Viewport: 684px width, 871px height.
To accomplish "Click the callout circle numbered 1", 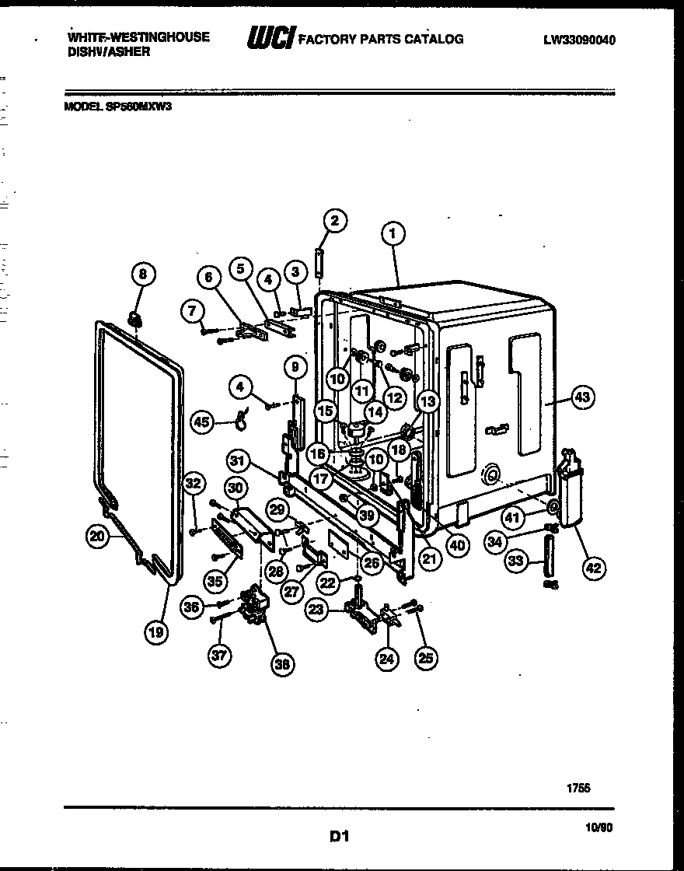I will point(393,232).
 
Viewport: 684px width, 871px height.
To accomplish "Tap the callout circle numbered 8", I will point(143,274).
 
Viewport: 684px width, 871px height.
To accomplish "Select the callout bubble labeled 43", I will point(581,397).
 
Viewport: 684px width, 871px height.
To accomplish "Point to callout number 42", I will point(592,568).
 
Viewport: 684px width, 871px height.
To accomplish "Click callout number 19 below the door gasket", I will point(156,632).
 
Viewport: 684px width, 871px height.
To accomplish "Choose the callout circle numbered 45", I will point(202,422).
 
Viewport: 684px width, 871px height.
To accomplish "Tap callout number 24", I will point(386,659).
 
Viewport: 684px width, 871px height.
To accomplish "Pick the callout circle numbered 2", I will point(333,221).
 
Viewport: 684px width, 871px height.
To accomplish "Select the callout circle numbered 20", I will point(97,535).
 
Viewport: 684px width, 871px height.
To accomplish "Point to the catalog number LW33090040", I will point(579,40).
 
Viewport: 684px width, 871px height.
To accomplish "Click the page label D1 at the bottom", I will point(339,837).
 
